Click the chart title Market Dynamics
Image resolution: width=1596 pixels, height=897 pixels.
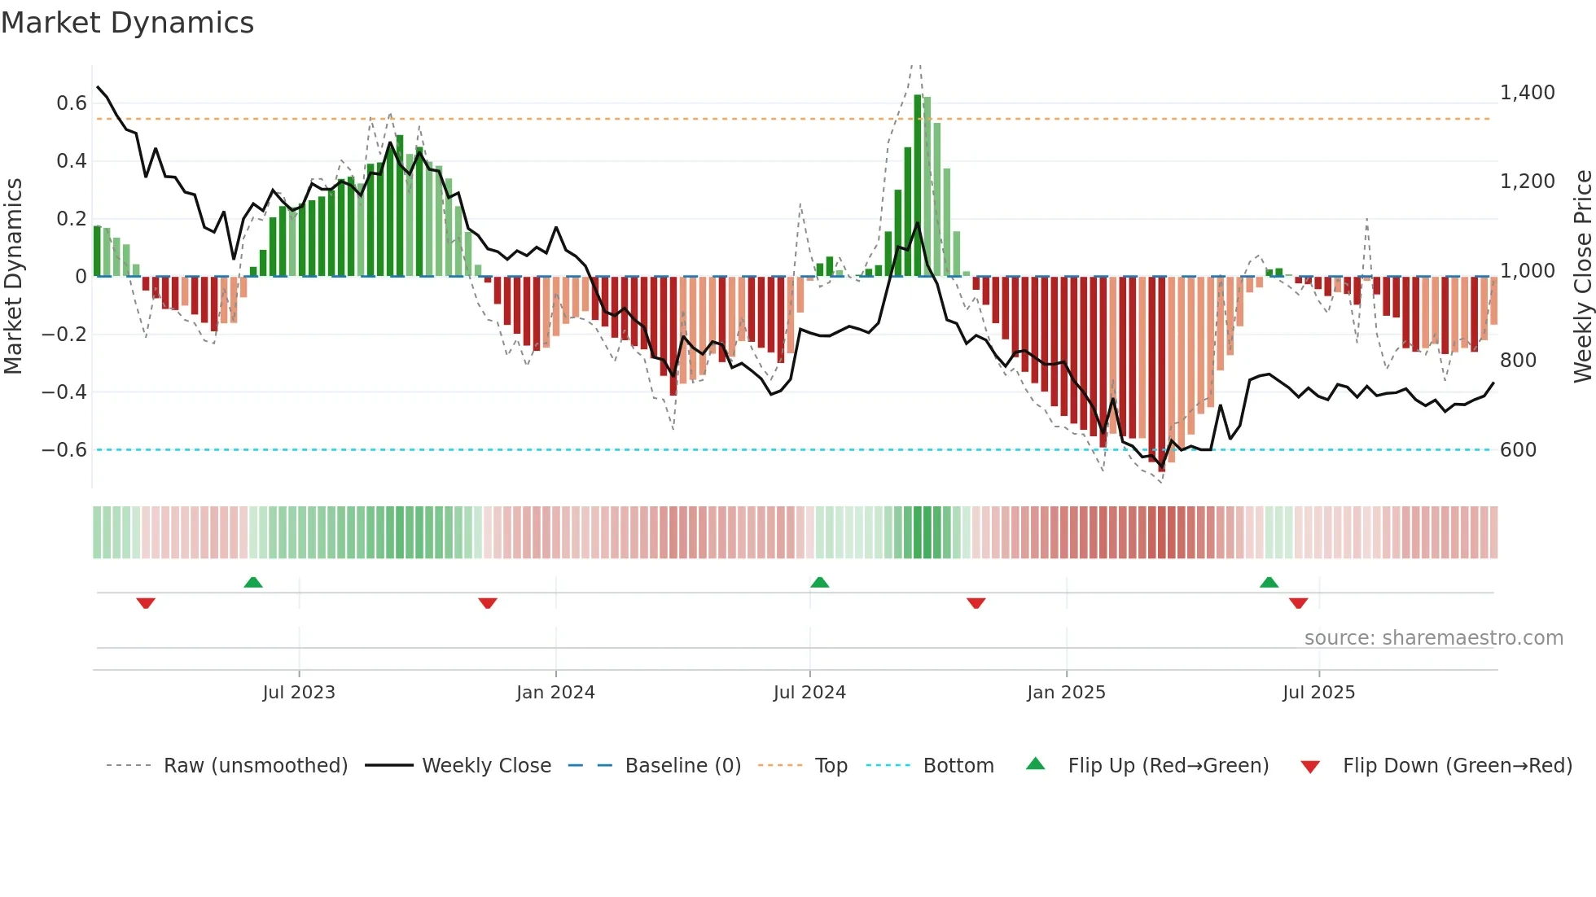[x=127, y=23]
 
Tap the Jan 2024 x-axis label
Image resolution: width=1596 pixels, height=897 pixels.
[x=555, y=693]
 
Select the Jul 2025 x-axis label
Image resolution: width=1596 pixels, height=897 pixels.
[x=1318, y=693]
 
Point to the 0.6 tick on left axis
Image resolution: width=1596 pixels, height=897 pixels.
[x=72, y=103]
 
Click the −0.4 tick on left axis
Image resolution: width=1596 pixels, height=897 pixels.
[x=64, y=392]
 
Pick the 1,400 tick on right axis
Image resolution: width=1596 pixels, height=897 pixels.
[x=1527, y=93]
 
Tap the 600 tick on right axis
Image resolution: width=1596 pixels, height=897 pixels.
[x=1518, y=450]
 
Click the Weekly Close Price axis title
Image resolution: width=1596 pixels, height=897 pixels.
[x=1582, y=277]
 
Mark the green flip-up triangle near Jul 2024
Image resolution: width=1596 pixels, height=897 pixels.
[x=820, y=583]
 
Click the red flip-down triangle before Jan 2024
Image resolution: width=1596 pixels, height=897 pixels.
[x=488, y=603]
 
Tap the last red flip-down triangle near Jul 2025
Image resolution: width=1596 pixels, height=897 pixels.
[x=1299, y=603]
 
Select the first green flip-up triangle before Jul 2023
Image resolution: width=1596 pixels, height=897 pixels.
[x=253, y=583]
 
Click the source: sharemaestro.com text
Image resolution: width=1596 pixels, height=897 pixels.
[x=1433, y=638]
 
